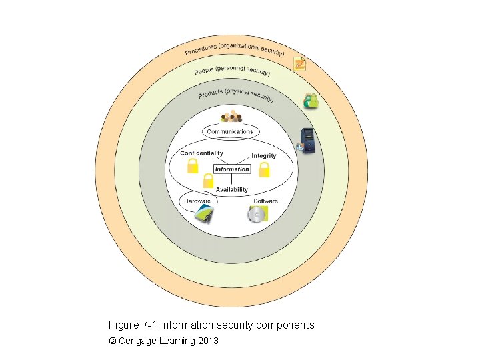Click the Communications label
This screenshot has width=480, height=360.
coord(230,132)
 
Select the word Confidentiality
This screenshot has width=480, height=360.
coord(201,153)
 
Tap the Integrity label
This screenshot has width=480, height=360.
coord(263,156)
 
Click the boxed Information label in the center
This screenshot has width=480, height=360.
coord(232,169)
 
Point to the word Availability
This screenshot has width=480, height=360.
coord(231,190)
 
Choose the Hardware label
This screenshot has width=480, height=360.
coord(197,201)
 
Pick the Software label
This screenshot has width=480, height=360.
coord(265,201)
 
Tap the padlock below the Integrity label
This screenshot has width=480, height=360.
coord(264,171)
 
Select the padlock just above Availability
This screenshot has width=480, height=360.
coord(207,181)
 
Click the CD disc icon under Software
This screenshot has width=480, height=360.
coord(258,214)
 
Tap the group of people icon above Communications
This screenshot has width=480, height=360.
coord(231,117)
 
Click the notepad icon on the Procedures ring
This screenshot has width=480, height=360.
coord(301,64)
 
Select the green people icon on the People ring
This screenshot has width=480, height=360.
coord(311,101)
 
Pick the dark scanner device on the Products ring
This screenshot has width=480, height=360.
coord(306,140)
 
